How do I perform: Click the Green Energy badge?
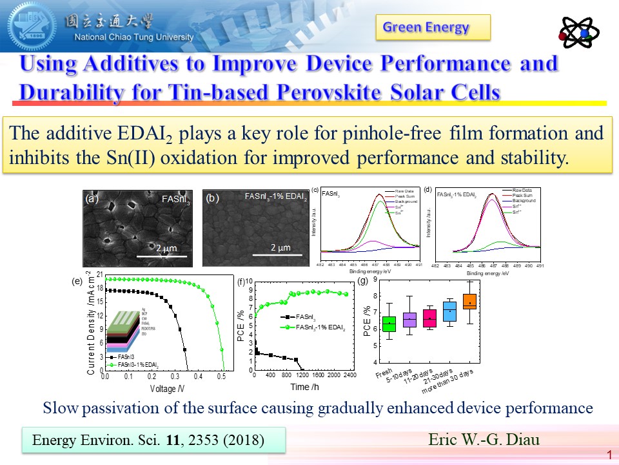(x=433, y=27)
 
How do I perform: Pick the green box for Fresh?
(x=388, y=322)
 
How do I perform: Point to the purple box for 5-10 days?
(x=409, y=319)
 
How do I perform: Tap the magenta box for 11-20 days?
(x=429, y=318)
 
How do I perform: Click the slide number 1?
(x=609, y=455)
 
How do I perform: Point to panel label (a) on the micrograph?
(x=91, y=199)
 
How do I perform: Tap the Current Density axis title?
(x=91, y=323)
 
